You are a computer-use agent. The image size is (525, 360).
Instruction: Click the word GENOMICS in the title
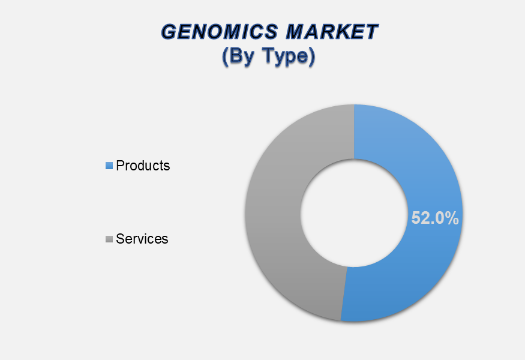(220, 32)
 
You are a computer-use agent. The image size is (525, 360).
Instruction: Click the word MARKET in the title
(332, 32)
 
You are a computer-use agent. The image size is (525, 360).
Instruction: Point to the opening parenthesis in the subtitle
(225, 56)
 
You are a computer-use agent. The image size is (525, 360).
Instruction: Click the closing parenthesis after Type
(312, 56)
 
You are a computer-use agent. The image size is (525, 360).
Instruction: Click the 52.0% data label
(435, 218)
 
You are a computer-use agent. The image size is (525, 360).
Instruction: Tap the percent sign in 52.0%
(451, 218)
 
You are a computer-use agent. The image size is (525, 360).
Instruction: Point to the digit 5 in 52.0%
(416, 218)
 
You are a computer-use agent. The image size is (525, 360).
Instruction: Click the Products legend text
(143, 166)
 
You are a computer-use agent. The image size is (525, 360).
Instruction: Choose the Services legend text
(142, 239)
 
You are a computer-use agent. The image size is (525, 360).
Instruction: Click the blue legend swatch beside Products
(109, 166)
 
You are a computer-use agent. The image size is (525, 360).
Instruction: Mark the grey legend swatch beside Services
(109, 239)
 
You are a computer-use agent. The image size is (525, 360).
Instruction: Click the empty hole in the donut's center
(354, 213)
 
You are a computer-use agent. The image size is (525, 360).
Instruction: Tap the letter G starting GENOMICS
(169, 32)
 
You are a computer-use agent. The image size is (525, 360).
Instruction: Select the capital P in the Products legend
(120, 166)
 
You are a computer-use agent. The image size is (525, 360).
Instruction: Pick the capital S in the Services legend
(120, 239)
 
